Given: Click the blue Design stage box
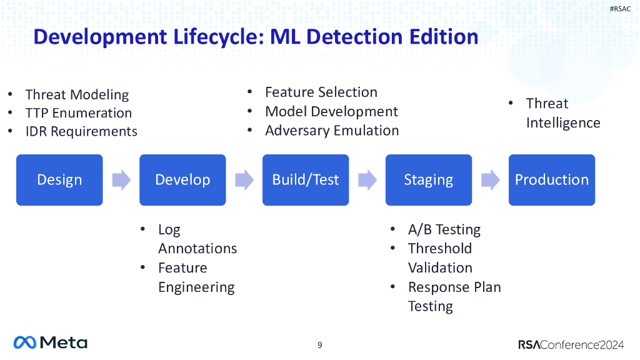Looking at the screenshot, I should point(59,180).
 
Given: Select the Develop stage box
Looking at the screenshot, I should point(182,180).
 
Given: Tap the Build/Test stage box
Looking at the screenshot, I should point(305,180).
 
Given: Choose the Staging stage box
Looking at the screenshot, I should point(428,180).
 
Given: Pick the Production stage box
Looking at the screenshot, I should point(551,180).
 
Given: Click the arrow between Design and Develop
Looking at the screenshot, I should point(121,181).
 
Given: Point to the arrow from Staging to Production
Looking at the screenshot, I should point(491,181).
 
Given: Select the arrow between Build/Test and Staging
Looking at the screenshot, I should point(367,181).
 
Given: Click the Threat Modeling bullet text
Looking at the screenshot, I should point(77,95).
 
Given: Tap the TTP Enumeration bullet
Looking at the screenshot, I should point(79,113).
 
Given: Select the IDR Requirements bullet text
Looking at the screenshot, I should point(81,131).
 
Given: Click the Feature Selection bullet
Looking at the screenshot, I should point(321,92).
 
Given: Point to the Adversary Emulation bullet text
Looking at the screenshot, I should point(332,131).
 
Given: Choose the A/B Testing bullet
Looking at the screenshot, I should point(444,229).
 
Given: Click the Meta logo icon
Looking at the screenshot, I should point(25,342).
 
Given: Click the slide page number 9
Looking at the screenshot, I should point(320,345).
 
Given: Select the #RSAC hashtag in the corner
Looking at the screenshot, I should point(620,9).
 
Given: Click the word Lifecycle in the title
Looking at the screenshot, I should point(211,37).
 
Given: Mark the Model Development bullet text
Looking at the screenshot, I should point(331,112).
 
